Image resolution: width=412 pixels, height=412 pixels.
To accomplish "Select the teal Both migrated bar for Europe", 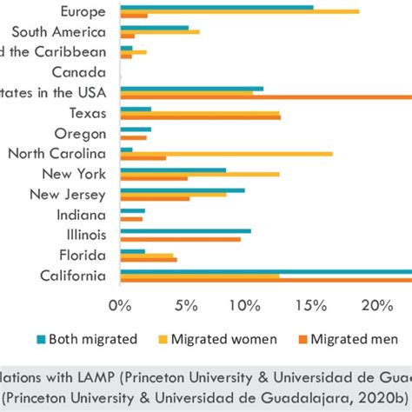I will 216,7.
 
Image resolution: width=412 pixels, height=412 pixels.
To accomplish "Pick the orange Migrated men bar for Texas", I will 200,117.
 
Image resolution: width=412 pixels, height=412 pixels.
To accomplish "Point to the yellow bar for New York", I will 199,174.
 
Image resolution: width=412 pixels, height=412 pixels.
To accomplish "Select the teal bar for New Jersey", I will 182,189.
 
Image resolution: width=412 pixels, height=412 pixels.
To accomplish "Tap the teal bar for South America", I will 154,28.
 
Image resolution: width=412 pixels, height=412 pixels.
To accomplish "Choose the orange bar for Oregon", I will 133,137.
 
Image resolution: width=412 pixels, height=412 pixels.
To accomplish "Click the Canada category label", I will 79,73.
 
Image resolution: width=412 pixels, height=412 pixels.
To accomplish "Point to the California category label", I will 73,276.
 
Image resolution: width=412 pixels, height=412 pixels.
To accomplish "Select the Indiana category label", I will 82,215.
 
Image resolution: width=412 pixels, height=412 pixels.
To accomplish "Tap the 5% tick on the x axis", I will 183,306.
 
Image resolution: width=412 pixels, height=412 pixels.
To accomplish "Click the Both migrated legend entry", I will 85,339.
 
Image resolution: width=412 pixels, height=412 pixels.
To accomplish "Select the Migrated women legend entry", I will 226,339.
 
